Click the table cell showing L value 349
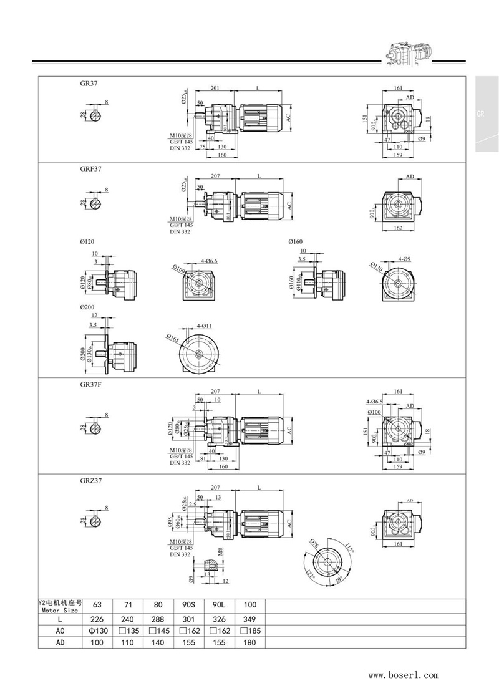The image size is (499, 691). [250, 619]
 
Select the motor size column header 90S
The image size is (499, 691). [190, 604]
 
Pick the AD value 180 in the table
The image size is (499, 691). [250, 642]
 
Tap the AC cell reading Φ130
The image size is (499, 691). [97, 631]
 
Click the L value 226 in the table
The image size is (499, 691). [97, 619]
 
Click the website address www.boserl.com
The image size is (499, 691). [404, 675]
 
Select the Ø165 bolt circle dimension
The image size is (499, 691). [173, 339]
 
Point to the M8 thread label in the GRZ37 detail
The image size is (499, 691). [220, 553]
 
